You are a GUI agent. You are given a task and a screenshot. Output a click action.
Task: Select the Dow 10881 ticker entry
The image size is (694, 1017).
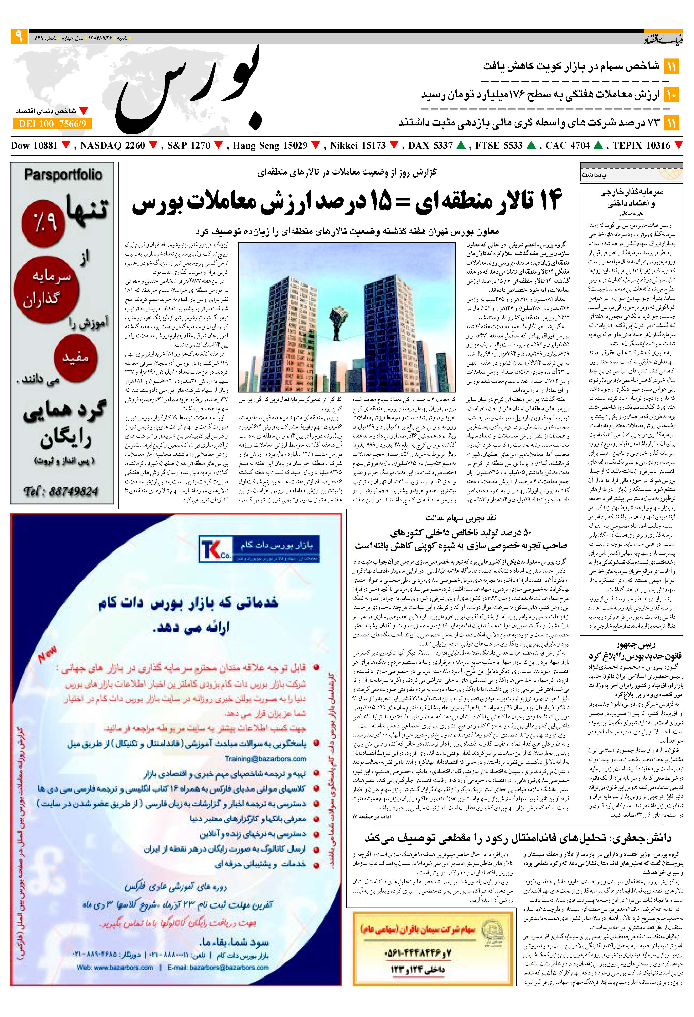coord(34,146)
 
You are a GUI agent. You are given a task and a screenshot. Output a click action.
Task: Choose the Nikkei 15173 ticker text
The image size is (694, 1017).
coord(358,146)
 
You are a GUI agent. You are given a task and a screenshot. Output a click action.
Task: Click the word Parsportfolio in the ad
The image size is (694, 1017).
coord(63,175)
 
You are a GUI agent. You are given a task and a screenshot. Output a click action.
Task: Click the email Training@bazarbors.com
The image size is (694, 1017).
coord(265,758)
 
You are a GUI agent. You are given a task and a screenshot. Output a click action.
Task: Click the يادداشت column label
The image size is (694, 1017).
coord(594,175)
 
